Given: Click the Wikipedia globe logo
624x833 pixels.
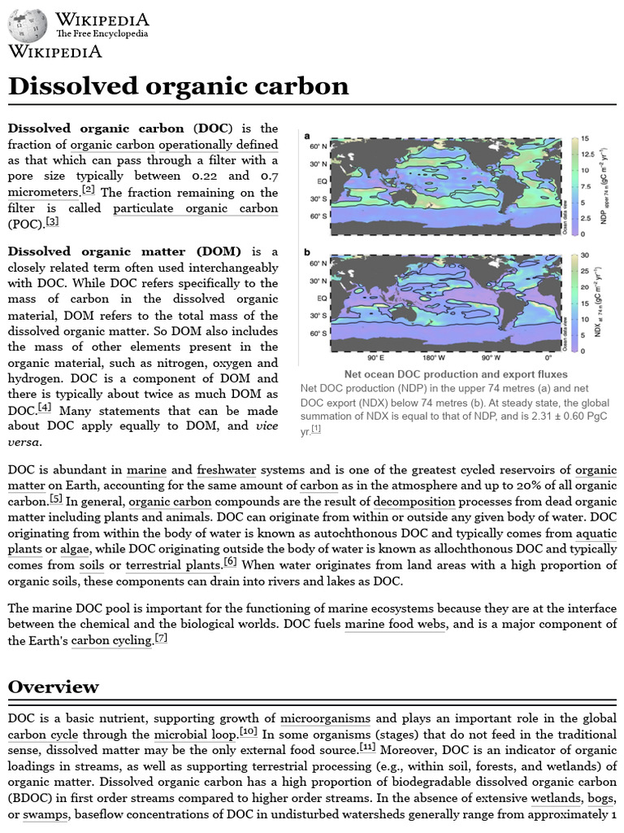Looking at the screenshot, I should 28,26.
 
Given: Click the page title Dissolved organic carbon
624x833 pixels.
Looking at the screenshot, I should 178,86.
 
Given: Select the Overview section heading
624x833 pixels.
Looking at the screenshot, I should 53,686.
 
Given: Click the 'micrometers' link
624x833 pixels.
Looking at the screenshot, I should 43,192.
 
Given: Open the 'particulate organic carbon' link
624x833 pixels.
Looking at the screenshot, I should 196,207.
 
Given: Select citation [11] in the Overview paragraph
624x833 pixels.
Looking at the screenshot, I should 367,747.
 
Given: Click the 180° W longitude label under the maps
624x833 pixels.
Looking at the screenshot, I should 433,357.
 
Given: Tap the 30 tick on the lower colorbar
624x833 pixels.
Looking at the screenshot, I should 583,255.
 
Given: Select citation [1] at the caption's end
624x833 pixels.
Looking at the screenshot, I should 316,430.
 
